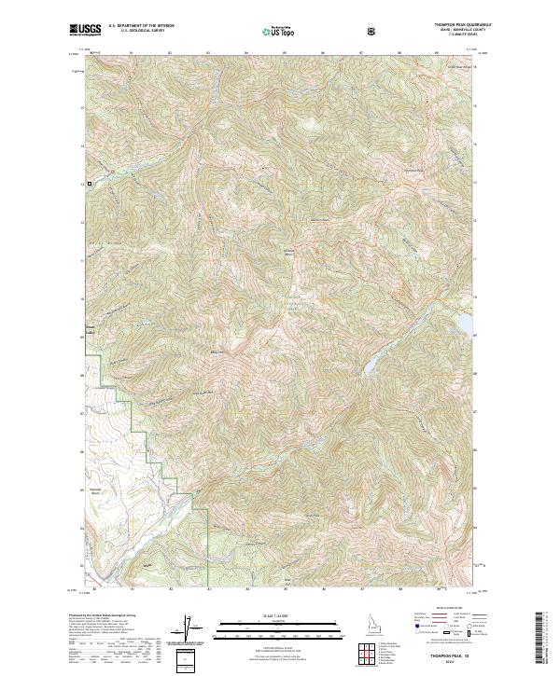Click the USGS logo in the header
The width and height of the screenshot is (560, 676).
[x=86, y=31]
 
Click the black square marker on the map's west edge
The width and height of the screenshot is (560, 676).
[x=90, y=184]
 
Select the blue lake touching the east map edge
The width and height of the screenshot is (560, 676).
[x=464, y=322]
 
